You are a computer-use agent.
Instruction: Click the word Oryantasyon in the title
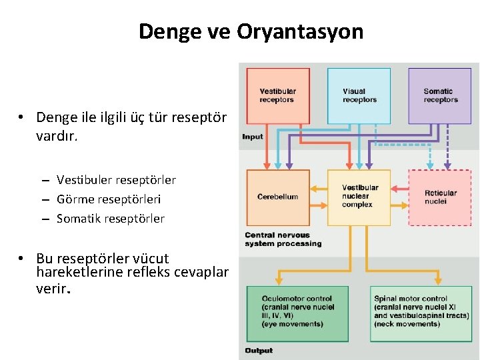(x=300, y=31)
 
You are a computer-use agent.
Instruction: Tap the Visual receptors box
(x=359, y=95)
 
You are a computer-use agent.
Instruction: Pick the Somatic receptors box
(x=439, y=95)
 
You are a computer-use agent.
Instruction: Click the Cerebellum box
(x=278, y=197)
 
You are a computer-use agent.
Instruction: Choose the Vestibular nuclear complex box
(x=359, y=196)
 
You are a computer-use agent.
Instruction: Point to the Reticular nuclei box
(x=439, y=197)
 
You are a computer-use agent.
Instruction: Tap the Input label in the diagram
(x=253, y=137)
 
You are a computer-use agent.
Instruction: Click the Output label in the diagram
(x=259, y=350)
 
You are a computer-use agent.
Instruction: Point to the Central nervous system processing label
(x=283, y=239)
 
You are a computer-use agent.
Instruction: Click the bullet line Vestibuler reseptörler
(x=116, y=180)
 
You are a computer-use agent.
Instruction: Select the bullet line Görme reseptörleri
(x=109, y=199)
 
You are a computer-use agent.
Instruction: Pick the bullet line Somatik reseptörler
(x=110, y=219)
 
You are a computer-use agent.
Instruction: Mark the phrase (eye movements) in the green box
(x=293, y=325)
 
